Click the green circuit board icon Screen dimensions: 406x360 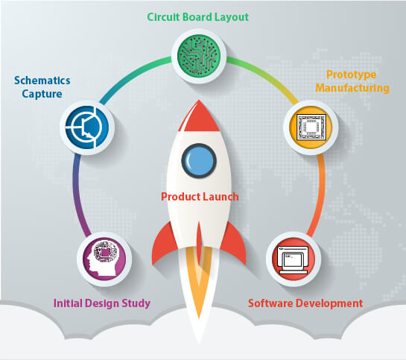tap(199, 56)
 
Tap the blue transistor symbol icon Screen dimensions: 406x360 tap(87, 127)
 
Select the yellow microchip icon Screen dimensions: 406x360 tap(311, 127)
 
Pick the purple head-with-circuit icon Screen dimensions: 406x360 tap(104, 259)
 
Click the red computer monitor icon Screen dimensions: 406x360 tap(294, 259)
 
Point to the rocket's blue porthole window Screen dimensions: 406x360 tap(199, 160)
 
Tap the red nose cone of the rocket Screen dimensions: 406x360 tap(199, 116)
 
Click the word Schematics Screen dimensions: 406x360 tap(42, 80)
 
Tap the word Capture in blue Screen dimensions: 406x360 tap(42, 94)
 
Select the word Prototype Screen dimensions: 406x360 tap(352, 75)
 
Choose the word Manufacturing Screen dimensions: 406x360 tap(352, 88)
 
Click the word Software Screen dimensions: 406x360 tap(270, 303)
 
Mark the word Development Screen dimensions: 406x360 tap(329, 303)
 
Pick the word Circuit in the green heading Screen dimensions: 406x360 tap(164, 17)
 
